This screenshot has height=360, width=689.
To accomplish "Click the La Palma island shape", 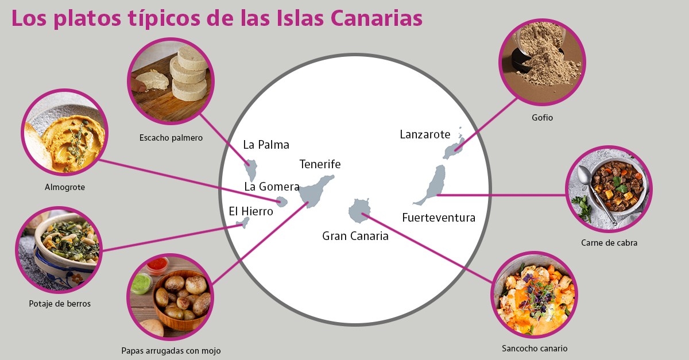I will (250, 170).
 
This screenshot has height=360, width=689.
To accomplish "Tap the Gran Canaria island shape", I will (359, 211).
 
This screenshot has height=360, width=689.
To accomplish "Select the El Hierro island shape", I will (243, 222).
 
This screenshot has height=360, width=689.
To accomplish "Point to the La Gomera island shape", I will (281, 202).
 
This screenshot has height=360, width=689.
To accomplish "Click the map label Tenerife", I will (320, 164).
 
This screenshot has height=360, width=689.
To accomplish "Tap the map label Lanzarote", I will (425, 134).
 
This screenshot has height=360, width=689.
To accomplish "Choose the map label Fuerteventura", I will (439, 218).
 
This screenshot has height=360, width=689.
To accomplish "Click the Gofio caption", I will (542, 118).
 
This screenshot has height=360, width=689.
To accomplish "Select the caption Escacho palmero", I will (171, 138).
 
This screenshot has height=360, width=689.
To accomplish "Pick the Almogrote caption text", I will (65, 187).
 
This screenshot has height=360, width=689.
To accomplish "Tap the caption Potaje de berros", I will (60, 304).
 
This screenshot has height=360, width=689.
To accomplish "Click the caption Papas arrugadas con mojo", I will (171, 350).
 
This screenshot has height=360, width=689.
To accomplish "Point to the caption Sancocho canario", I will (534, 348).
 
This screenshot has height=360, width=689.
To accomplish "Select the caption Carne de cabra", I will (609, 243).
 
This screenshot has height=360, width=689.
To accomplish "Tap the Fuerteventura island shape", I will (434, 183).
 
